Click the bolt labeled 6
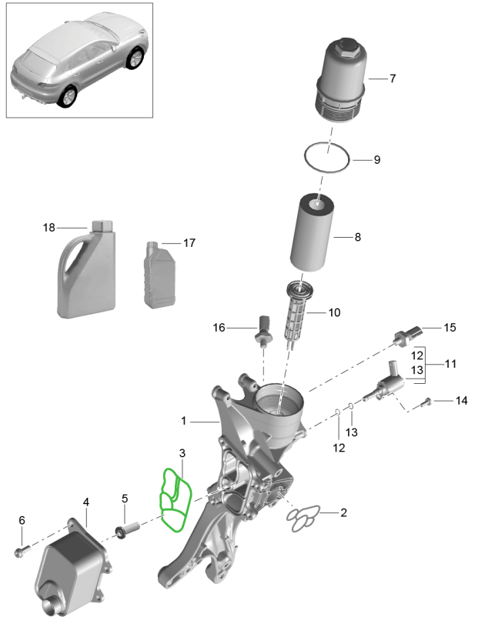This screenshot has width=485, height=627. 21,551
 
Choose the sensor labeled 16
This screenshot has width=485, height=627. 263,329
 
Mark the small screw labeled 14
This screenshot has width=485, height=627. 428,401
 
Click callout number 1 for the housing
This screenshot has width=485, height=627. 184,421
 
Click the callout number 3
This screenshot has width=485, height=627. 182,453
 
